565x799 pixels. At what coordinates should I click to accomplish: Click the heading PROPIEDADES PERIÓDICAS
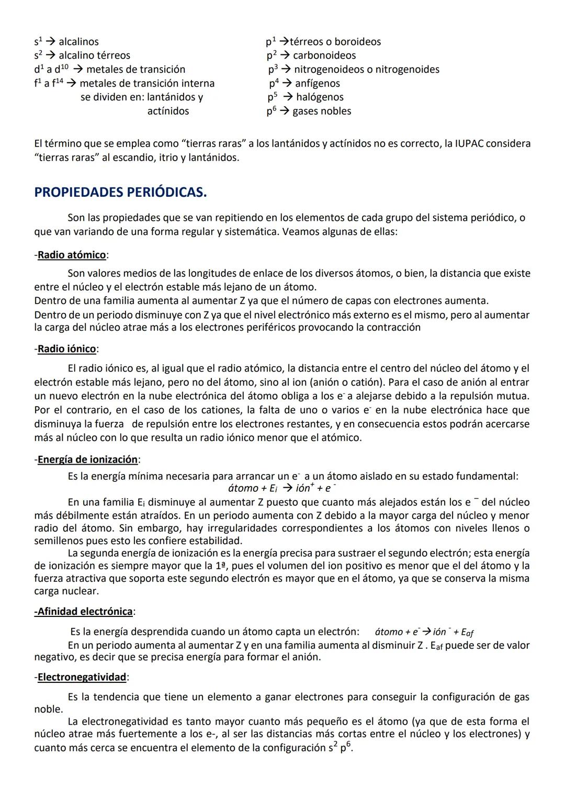click(x=120, y=193)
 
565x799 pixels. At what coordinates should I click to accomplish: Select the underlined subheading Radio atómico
click(x=71, y=255)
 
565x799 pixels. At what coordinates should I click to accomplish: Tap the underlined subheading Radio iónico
click(x=66, y=349)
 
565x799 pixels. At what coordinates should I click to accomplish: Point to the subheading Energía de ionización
click(x=87, y=459)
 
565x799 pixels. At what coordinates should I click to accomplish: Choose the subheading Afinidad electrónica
click(x=84, y=612)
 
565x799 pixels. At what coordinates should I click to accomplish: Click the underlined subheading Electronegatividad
click(x=82, y=677)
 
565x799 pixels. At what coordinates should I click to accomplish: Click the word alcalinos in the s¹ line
click(x=78, y=42)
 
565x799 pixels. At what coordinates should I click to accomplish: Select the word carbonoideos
click(x=324, y=55)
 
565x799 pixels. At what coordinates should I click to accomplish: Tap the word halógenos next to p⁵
click(x=320, y=97)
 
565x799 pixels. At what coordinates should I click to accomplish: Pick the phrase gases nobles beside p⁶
click(x=322, y=111)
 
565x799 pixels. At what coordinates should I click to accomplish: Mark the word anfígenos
click(x=317, y=84)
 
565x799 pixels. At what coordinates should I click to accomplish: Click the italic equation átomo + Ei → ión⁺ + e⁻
click(x=282, y=489)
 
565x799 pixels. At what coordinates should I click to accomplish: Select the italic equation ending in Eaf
click(x=424, y=632)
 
